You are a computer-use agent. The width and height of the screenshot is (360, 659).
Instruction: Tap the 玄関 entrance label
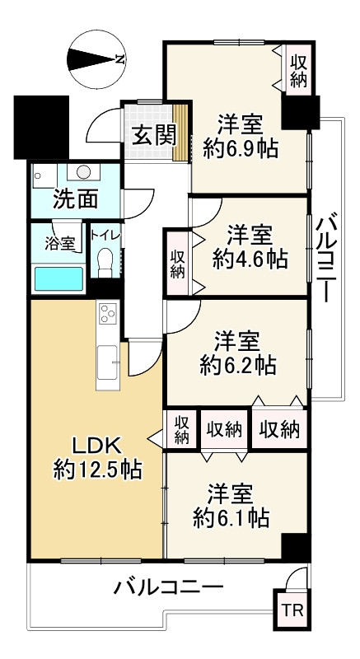coord(154,133)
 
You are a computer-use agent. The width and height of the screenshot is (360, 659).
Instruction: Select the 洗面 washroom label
coord(76,199)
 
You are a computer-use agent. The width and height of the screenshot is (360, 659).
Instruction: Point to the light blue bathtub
coord(58,278)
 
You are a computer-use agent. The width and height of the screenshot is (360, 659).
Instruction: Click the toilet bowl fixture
coord(104,264)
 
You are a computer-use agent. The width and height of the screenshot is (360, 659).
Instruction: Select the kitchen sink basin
coord(107,360)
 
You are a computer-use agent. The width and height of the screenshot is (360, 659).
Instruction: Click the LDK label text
coord(96,446)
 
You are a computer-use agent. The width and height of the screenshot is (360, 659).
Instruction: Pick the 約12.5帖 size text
coord(97,470)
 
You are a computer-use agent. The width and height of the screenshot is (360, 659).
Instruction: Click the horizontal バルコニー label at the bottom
coord(168,587)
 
